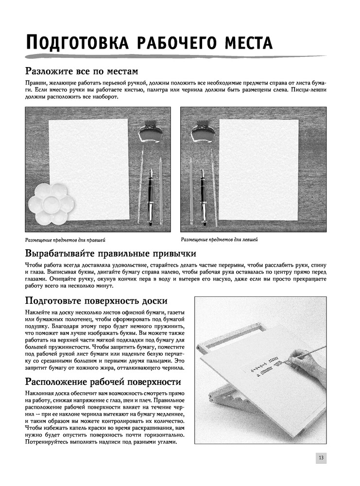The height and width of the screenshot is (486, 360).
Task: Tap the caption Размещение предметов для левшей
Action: point(219,239)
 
